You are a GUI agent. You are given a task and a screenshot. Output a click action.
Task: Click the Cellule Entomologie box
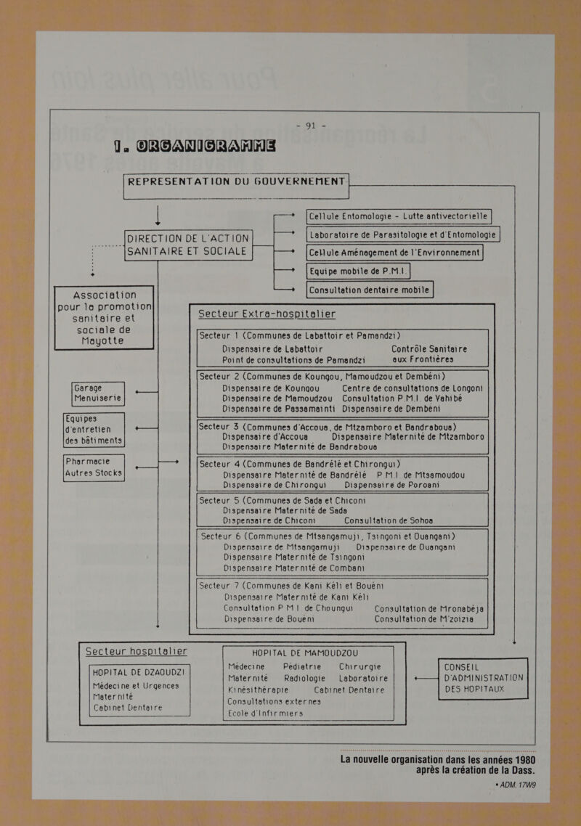399,216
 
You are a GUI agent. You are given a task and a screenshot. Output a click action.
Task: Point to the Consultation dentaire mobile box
369,290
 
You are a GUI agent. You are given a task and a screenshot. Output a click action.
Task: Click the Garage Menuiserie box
97,394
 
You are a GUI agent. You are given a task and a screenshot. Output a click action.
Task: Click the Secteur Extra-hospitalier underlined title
267,314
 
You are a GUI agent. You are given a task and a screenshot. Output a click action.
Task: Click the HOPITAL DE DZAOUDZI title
138,673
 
